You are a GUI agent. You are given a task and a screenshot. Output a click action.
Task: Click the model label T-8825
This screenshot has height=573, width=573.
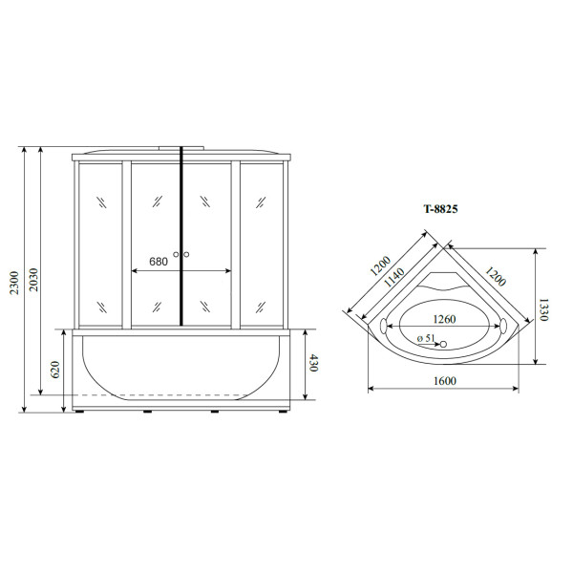[x=440, y=209]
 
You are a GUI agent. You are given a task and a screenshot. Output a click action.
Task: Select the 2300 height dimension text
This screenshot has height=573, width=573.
[x=14, y=283]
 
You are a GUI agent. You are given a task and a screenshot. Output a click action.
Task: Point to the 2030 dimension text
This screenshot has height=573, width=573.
[x=33, y=280]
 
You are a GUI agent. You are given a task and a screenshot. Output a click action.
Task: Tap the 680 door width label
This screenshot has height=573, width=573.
[x=159, y=262]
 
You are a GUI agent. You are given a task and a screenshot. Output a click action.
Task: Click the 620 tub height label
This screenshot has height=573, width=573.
[x=55, y=370]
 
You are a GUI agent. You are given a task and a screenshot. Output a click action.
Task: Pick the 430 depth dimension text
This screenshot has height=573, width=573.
[x=313, y=363]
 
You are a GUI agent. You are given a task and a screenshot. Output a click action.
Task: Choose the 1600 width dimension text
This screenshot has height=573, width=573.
[x=445, y=381]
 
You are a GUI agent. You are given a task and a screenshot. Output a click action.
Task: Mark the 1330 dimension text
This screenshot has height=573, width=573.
[x=543, y=309]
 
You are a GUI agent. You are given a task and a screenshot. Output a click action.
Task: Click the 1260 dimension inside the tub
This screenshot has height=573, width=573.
[x=444, y=319]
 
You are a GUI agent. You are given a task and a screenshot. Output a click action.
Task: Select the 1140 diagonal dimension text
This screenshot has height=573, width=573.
[x=394, y=277]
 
